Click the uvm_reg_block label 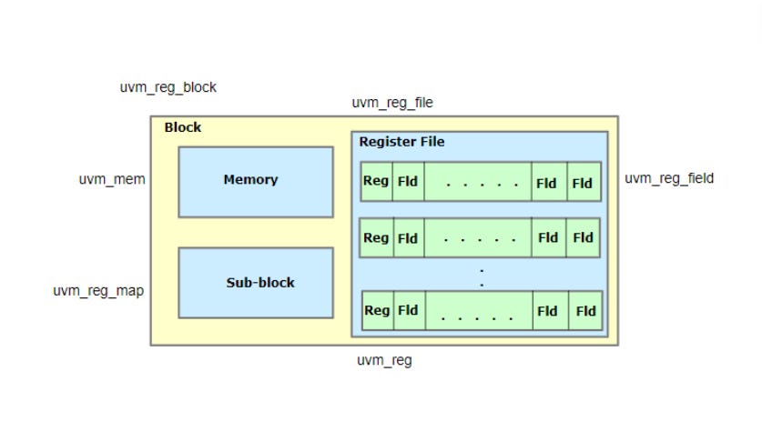point(168,87)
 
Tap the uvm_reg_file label point(392,103)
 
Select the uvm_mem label point(112,179)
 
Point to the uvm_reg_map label point(98,291)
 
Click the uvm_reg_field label point(669,178)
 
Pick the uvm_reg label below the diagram point(384,360)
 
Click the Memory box point(255,181)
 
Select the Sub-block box point(255,283)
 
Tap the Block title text point(183,127)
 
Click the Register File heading point(401,142)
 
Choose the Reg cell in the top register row point(376,181)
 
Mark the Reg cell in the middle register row point(376,237)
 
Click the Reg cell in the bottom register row point(377,310)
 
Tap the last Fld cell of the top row point(583,182)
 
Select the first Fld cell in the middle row point(408,238)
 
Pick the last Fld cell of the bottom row point(585,311)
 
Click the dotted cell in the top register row point(477,182)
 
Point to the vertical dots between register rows point(482,276)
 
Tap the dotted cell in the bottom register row point(479,311)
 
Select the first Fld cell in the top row point(408,182)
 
